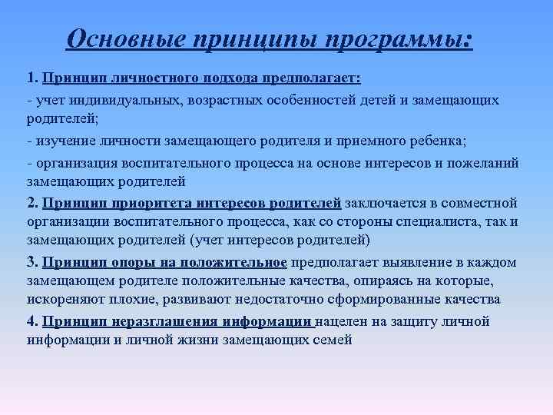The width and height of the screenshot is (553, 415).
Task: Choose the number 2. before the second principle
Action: click(32, 204)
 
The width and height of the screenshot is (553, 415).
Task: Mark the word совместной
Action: click(478, 204)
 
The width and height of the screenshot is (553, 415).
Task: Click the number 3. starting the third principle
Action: click(32, 262)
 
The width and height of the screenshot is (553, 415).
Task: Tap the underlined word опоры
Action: click(133, 262)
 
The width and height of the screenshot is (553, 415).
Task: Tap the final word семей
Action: click(334, 340)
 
